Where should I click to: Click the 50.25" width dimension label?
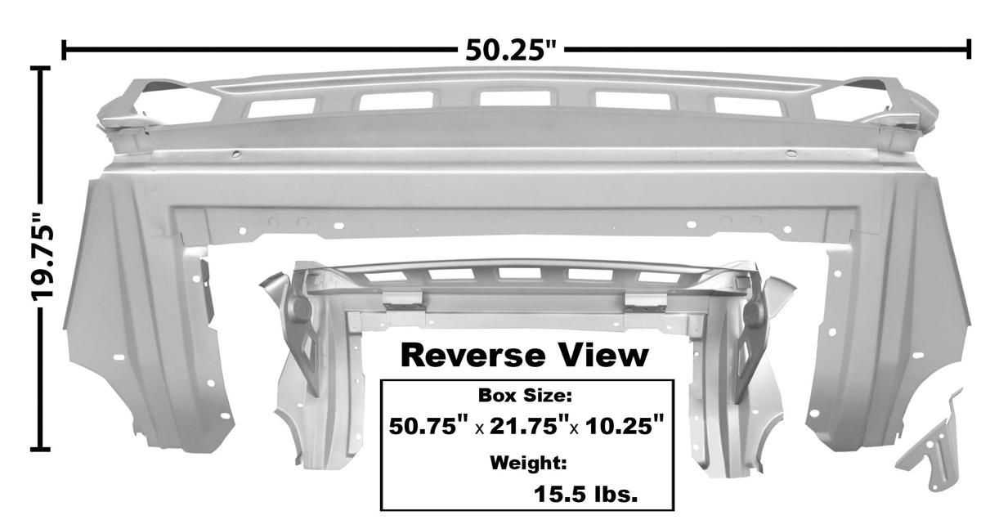coord(510,51)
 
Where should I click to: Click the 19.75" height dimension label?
coord(43,258)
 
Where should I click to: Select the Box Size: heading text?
coord(525,396)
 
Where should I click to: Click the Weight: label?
coord(528,463)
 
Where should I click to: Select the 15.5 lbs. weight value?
coord(585,495)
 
